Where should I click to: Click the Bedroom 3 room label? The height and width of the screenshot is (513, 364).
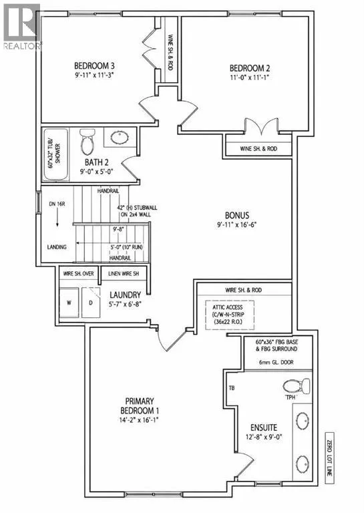click(x=94, y=66)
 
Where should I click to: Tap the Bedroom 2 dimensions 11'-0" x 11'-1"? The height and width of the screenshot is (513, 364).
click(x=250, y=77)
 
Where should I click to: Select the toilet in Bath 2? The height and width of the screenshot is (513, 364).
click(x=87, y=142)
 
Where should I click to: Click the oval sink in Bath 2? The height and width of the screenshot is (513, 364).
click(x=120, y=138)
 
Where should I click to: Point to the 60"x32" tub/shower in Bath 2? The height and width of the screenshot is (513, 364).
click(x=56, y=154)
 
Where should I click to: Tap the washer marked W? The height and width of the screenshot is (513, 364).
click(x=69, y=303)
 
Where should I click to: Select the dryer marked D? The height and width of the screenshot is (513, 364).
click(x=91, y=303)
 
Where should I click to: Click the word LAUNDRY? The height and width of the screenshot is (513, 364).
click(x=126, y=295)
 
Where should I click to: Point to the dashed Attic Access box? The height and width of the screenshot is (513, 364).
click(x=230, y=315)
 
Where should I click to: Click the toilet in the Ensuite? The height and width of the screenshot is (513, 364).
click(x=297, y=386)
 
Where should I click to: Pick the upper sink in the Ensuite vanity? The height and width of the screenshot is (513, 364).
click(x=303, y=419)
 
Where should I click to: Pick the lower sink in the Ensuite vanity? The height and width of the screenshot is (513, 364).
click(x=303, y=464)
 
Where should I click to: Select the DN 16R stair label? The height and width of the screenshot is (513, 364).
click(x=57, y=204)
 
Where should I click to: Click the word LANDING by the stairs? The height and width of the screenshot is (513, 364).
click(x=57, y=247)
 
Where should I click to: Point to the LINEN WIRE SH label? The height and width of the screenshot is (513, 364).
click(x=124, y=273)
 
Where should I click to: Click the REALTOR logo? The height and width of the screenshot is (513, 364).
click(x=22, y=27)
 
